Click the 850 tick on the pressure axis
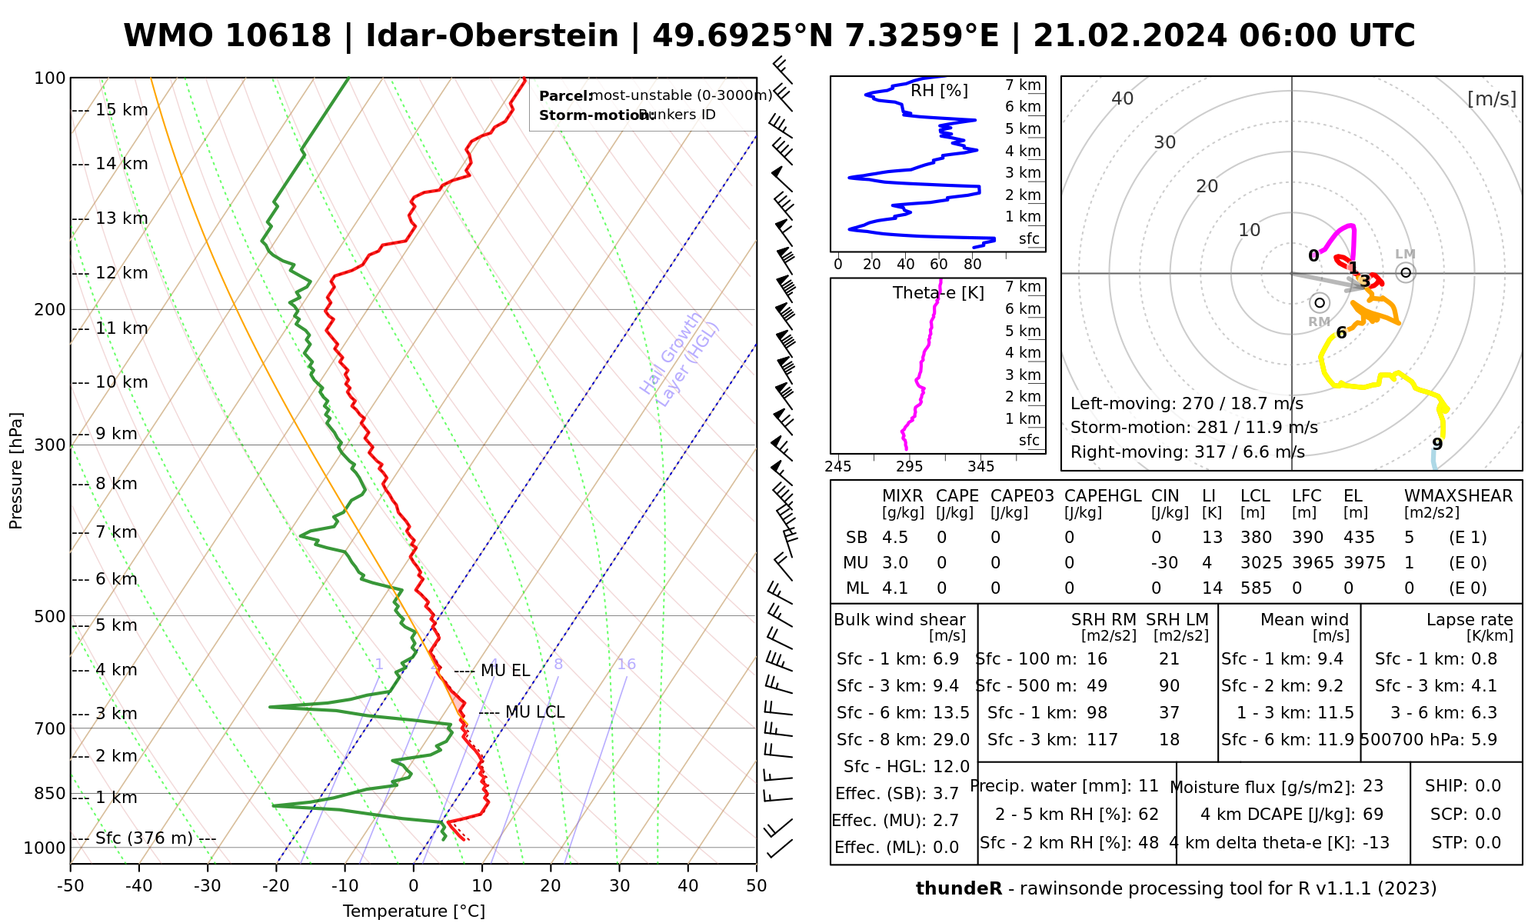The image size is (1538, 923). pos(50,793)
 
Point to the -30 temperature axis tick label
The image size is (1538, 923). pos(207,886)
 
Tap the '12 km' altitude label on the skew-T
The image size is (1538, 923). pos(122,273)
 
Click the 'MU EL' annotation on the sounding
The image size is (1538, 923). pos(505,671)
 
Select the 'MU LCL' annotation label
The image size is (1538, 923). pos(534,712)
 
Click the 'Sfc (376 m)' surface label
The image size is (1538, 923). pos(144,838)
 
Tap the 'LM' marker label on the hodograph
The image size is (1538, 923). pos(1405,255)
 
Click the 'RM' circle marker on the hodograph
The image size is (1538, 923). pos(1320,303)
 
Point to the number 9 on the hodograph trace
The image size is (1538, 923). pos(1437,444)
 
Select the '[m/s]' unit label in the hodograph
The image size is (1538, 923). pos(1491,99)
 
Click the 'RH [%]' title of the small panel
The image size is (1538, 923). pos(939,91)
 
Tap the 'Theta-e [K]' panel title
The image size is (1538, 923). pos(938,293)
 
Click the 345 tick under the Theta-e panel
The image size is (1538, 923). pos(980,467)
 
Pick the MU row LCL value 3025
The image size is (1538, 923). pos(1261,563)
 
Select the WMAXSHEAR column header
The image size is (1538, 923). pos(1458,496)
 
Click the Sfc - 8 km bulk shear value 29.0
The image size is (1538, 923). pos(950,740)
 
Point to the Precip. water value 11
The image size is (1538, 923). pos(1148,786)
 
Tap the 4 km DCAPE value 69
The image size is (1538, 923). pos(1373,815)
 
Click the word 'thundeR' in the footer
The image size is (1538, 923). pos(958,889)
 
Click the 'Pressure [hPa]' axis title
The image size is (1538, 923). pos(16,471)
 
